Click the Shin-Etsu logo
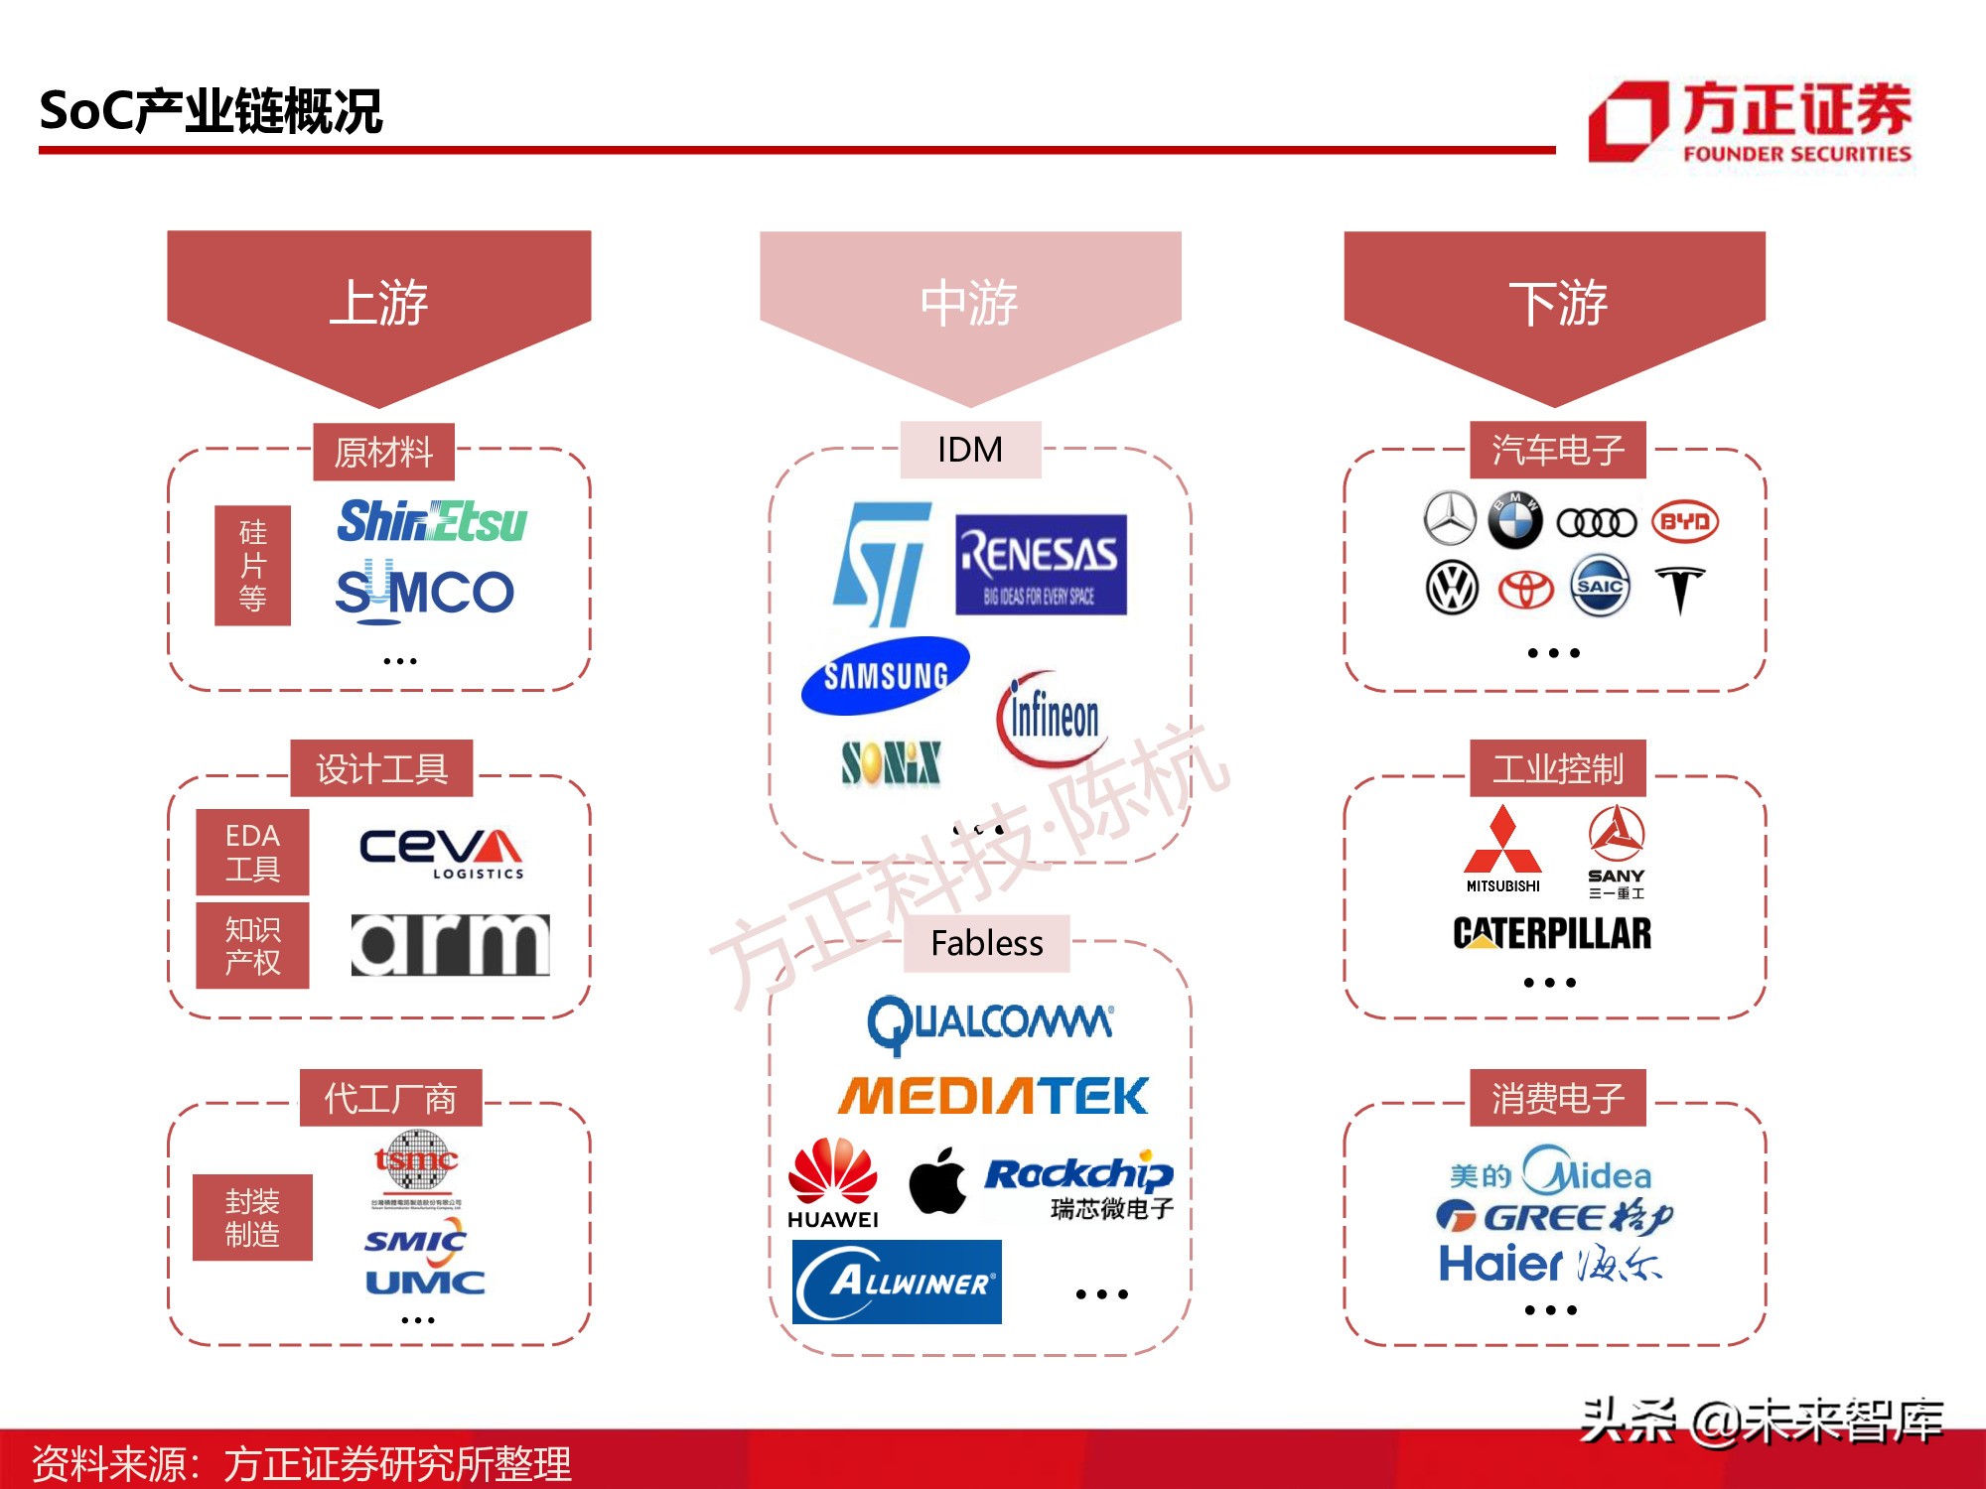(432, 521)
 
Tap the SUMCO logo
(425, 593)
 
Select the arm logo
(450, 944)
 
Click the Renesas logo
(1041, 564)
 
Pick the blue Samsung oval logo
(885, 676)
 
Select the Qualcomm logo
(990, 1023)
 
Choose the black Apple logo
(937, 1180)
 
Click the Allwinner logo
(897, 1282)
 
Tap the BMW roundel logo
(1515, 520)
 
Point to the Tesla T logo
(1680, 590)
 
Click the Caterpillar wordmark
(1552, 933)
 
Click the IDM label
(970, 450)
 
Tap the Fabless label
(986, 943)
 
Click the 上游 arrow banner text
(378, 303)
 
